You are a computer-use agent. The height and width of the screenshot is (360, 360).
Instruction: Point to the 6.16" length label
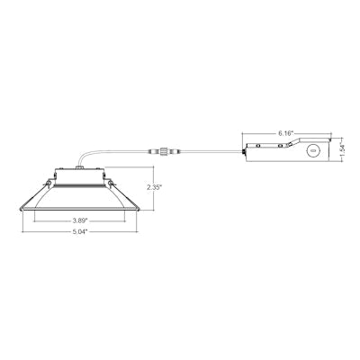pyautogui.click(x=286, y=132)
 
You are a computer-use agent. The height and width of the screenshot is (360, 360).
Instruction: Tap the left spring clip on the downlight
pyautogui.click(x=40, y=186)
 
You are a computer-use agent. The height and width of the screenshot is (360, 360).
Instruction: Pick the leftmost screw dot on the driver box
pyautogui.click(x=251, y=145)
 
